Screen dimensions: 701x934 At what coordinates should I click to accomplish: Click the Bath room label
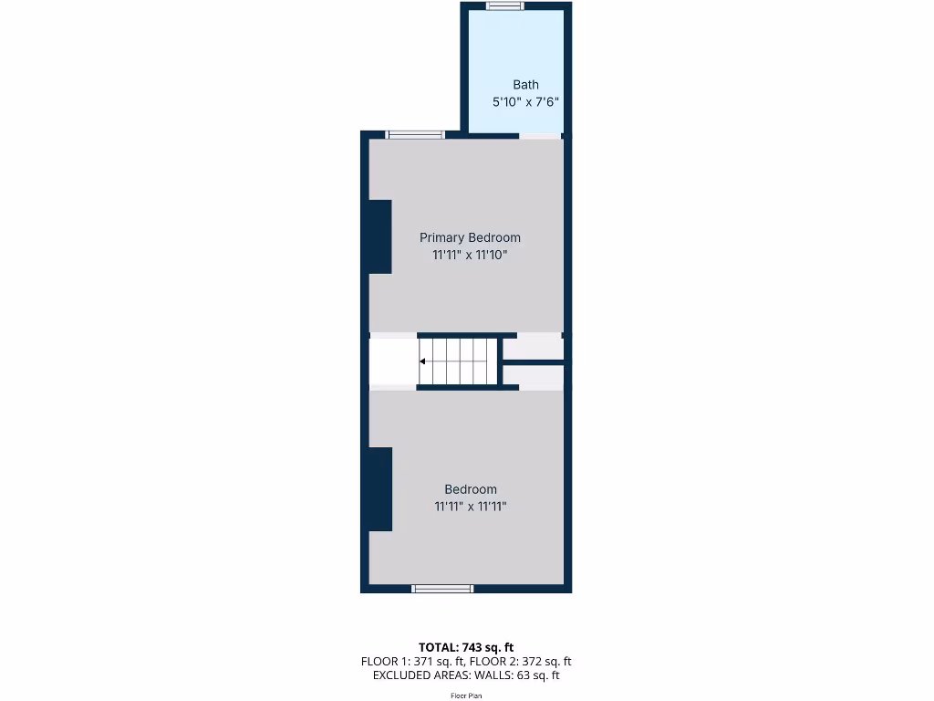click(x=525, y=85)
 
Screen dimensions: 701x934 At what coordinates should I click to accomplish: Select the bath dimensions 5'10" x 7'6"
click(x=525, y=103)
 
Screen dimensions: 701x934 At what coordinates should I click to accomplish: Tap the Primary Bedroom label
click(x=470, y=237)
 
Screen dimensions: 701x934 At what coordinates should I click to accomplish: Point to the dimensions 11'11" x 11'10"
click(x=470, y=256)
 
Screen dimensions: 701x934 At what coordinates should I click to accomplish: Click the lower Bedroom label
click(x=471, y=489)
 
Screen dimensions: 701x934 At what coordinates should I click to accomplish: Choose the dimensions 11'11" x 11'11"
click(x=471, y=507)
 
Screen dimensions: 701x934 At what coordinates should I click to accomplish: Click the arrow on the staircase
click(x=423, y=361)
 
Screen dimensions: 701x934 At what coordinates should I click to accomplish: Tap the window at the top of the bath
click(x=504, y=6)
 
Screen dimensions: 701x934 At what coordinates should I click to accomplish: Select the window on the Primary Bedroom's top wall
click(x=415, y=135)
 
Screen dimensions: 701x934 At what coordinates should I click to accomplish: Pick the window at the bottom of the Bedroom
click(x=442, y=589)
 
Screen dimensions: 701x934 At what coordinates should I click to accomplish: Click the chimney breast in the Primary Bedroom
click(x=380, y=236)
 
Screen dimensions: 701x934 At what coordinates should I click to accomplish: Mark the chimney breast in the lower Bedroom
click(x=380, y=489)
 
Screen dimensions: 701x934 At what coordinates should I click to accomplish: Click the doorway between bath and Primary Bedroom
click(x=540, y=136)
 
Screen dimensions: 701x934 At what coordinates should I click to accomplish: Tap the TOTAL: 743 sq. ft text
click(x=466, y=647)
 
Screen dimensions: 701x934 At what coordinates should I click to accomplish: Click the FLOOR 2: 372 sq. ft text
click(x=521, y=662)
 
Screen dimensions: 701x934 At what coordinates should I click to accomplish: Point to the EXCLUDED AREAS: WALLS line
click(x=466, y=676)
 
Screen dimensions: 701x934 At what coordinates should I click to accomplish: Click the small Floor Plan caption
click(x=466, y=696)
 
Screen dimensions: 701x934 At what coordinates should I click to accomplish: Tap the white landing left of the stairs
click(x=393, y=361)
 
